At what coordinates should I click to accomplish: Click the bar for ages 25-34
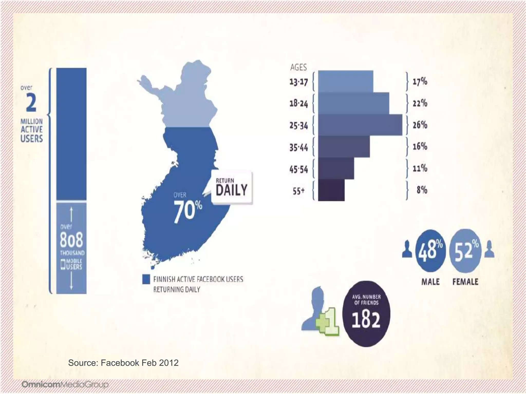point(360,125)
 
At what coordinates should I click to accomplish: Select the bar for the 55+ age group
point(331,190)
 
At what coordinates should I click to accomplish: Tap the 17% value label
point(420,82)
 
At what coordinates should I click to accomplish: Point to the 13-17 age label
point(298,82)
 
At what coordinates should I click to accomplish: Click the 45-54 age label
point(298,169)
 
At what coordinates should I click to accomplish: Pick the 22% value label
point(420,103)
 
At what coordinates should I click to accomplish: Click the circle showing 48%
point(430,250)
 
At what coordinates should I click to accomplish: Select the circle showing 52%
point(465,250)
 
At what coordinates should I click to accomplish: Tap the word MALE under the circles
point(430,282)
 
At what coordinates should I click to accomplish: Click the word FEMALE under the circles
point(465,282)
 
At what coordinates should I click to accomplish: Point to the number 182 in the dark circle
point(366,320)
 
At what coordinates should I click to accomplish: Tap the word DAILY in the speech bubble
point(231,190)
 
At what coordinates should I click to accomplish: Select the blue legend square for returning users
point(146,279)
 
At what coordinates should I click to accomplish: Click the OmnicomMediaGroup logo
point(65,385)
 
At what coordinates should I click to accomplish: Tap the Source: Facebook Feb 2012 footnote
point(123,363)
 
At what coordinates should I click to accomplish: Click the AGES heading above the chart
point(298,67)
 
